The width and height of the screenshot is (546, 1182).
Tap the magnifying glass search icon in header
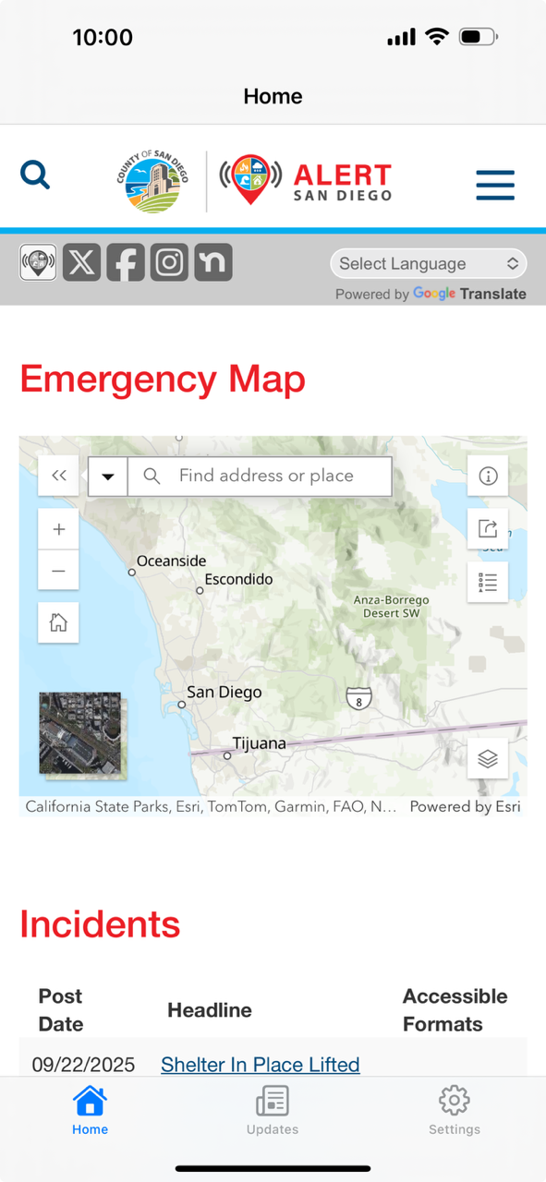pyautogui.click(x=35, y=175)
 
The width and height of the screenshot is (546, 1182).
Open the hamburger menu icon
pyautogui.click(x=495, y=185)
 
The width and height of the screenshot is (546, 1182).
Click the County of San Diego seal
pyautogui.click(x=152, y=182)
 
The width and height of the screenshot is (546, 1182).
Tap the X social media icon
pyautogui.click(x=81, y=263)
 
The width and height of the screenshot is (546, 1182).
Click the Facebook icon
pyautogui.click(x=126, y=263)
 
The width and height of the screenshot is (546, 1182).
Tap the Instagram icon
pyautogui.click(x=169, y=263)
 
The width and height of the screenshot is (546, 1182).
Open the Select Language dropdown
pyautogui.click(x=429, y=264)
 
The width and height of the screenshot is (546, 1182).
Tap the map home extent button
pyautogui.click(x=58, y=622)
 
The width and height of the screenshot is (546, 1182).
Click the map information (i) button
pyautogui.click(x=488, y=476)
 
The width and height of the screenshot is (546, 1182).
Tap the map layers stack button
pyautogui.click(x=488, y=758)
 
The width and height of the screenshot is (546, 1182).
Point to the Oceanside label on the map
pyautogui.click(x=172, y=561)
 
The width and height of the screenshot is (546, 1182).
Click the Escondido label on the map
pyautogui.click(x=238, y=580)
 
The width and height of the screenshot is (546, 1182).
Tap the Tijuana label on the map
pyautogui.click(x=259, y=743)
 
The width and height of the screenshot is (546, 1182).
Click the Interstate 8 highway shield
pyautogui.click(x=359, y=699)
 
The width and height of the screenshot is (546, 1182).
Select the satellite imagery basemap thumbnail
pyautogui.click(x=79, y=732)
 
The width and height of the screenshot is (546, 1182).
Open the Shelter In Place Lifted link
pyautogui.click(x=260, y=1065)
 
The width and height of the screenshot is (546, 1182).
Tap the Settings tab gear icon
pyautogui.click(x=454, y=1101)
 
